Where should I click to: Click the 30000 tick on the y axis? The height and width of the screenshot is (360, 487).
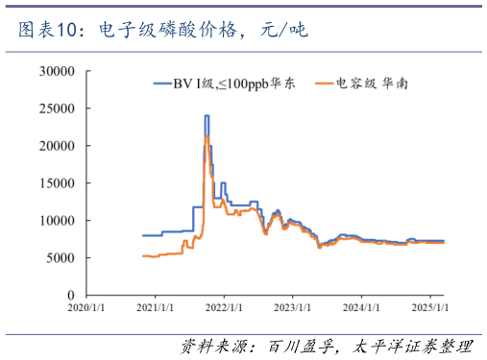point(57,71)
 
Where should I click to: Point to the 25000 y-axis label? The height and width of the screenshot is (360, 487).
point(57,108)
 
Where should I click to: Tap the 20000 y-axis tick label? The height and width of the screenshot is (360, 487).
point(57,146)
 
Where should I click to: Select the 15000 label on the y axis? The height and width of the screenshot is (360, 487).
point(57,183)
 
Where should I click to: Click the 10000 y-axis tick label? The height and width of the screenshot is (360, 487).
point(57,221)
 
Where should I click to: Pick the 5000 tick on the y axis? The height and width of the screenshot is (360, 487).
point(60,258)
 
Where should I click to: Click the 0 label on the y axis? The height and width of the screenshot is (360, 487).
point(70,295)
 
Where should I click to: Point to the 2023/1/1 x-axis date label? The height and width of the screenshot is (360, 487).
point(293,309)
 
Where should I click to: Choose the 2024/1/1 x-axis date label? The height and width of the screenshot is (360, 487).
point(362,309)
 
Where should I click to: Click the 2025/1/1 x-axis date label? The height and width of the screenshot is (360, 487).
point(430,309)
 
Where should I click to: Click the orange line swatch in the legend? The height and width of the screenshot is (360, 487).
point(319,85)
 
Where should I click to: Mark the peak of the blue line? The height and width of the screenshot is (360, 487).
point(207,116)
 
